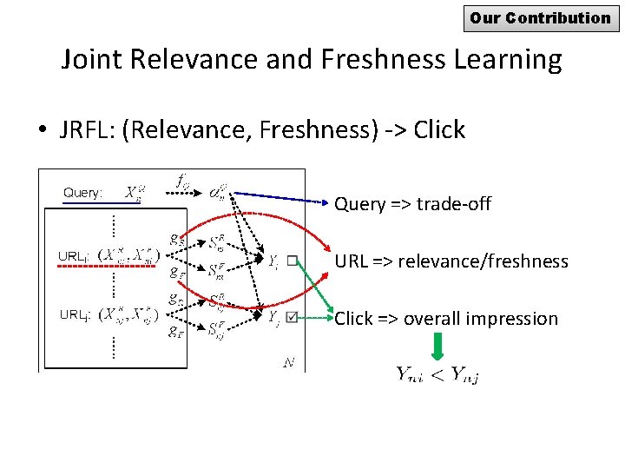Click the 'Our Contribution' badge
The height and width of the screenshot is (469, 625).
point(541,17)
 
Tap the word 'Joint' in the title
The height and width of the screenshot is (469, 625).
point(93,60)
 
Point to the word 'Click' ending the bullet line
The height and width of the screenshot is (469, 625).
point(439,129)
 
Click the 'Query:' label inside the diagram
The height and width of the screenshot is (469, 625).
point(82,192)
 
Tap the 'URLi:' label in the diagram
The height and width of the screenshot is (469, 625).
point(73,256)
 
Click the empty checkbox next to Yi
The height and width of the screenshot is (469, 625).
point(293,259)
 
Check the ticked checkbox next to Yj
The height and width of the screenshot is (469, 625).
point(292,318)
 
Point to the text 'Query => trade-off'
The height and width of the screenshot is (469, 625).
point(412,204)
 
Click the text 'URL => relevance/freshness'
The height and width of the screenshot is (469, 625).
point(451,261)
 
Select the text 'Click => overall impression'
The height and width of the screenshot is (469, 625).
point(446,319)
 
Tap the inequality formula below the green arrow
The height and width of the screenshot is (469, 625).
point(438,374)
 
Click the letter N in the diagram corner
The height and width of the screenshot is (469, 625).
point(288,363)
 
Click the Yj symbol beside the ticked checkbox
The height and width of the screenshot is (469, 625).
point(273,318)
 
